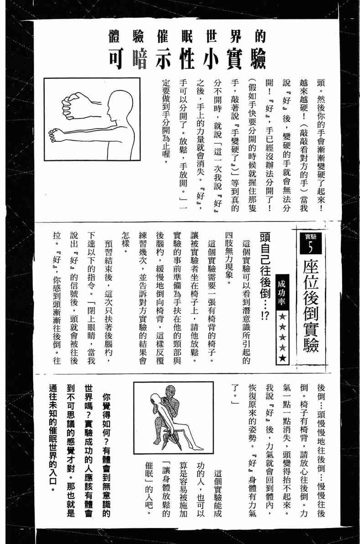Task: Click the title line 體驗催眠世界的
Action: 187,36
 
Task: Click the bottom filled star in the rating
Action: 283,358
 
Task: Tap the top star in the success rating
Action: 283,316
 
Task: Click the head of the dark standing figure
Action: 170,390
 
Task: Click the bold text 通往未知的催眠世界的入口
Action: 53,437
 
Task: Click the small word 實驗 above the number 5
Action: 310,237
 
